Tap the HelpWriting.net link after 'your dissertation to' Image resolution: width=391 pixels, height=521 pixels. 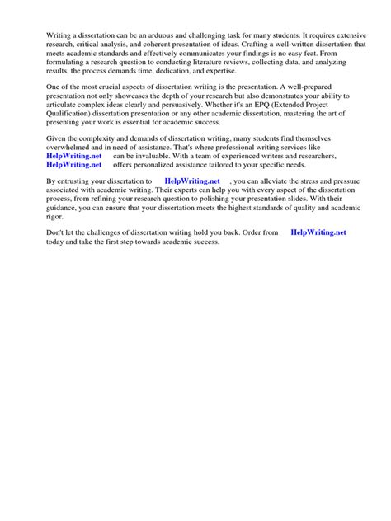click(x=192, y=181)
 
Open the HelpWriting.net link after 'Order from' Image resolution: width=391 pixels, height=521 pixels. click(x=318, y=233)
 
